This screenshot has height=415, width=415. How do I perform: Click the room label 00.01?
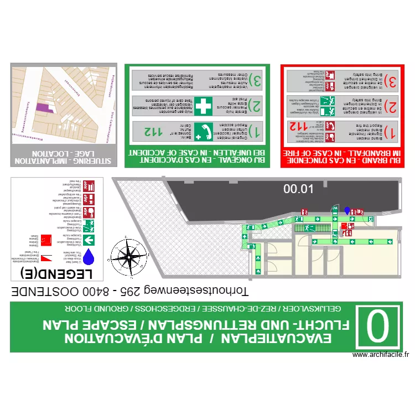click(298, 189)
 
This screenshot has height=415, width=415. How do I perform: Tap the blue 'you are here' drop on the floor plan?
click(347, 210)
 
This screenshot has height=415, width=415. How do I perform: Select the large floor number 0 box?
click(379, 327)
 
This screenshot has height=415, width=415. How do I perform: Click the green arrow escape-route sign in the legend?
click(90, 240)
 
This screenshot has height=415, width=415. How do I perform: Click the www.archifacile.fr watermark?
click(380, 356)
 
